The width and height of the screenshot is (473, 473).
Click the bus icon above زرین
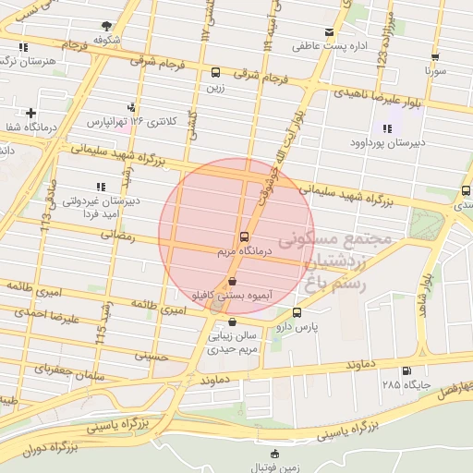click(x=215, y=72)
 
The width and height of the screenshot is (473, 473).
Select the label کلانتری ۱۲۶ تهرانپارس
click(x=129, y=121)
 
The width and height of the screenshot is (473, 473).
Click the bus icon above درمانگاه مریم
click(x=243, y=236)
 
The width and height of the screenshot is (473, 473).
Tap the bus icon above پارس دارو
click(x=297, y=313)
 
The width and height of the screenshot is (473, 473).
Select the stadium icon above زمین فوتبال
click(x=274, y=453)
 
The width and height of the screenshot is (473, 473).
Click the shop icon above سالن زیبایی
click(x=230, y=322)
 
